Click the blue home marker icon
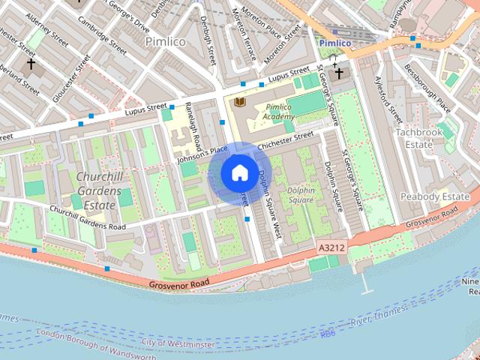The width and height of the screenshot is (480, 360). (239, 173)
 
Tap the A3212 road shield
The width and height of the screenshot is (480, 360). (331, 247)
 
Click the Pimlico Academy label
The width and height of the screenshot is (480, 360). (279, 112)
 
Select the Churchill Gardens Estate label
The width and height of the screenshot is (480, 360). (98, 190)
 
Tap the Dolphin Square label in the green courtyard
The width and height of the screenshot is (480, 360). (300, 195)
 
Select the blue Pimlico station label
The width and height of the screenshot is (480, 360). (334, 43)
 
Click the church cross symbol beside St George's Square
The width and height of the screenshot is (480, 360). (339, 73)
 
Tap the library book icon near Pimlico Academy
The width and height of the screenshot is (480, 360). (240, 102)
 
